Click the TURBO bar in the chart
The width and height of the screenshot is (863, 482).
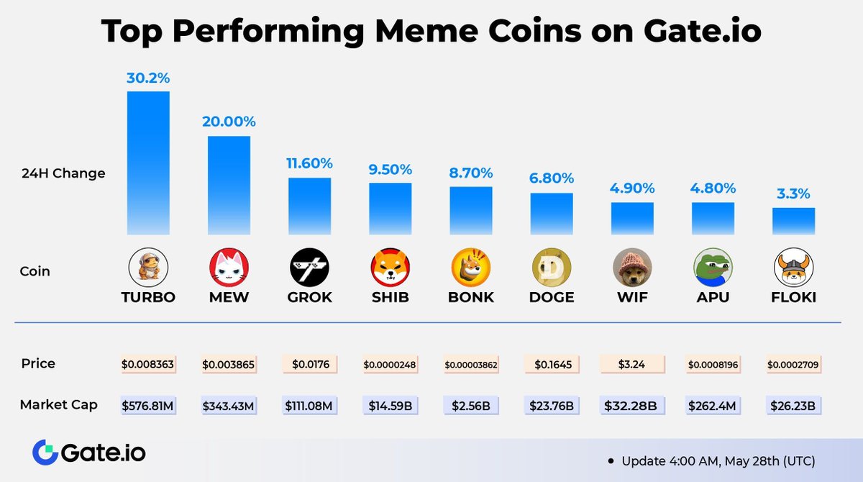pos(148,163)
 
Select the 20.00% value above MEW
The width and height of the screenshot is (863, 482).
pos(229,122)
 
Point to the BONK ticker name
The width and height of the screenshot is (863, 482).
pos(471,297)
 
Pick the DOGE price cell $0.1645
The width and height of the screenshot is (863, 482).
pos(552,365)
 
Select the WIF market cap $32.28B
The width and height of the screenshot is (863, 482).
pos(632,406)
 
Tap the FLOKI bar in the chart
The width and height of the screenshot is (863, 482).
pos(793,221)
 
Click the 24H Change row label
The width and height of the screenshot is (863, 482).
pos(63,173)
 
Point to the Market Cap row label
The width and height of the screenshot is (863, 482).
pos(59,406)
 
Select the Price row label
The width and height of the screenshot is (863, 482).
pos(37,364)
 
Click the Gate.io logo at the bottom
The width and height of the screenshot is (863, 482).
pos(88,453)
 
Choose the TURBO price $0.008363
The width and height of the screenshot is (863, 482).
pos(148,365)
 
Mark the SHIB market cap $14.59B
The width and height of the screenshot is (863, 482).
pos(390,406)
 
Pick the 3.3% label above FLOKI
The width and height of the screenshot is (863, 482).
pos(793,194)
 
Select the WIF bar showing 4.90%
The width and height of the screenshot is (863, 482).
pos(632,218)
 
